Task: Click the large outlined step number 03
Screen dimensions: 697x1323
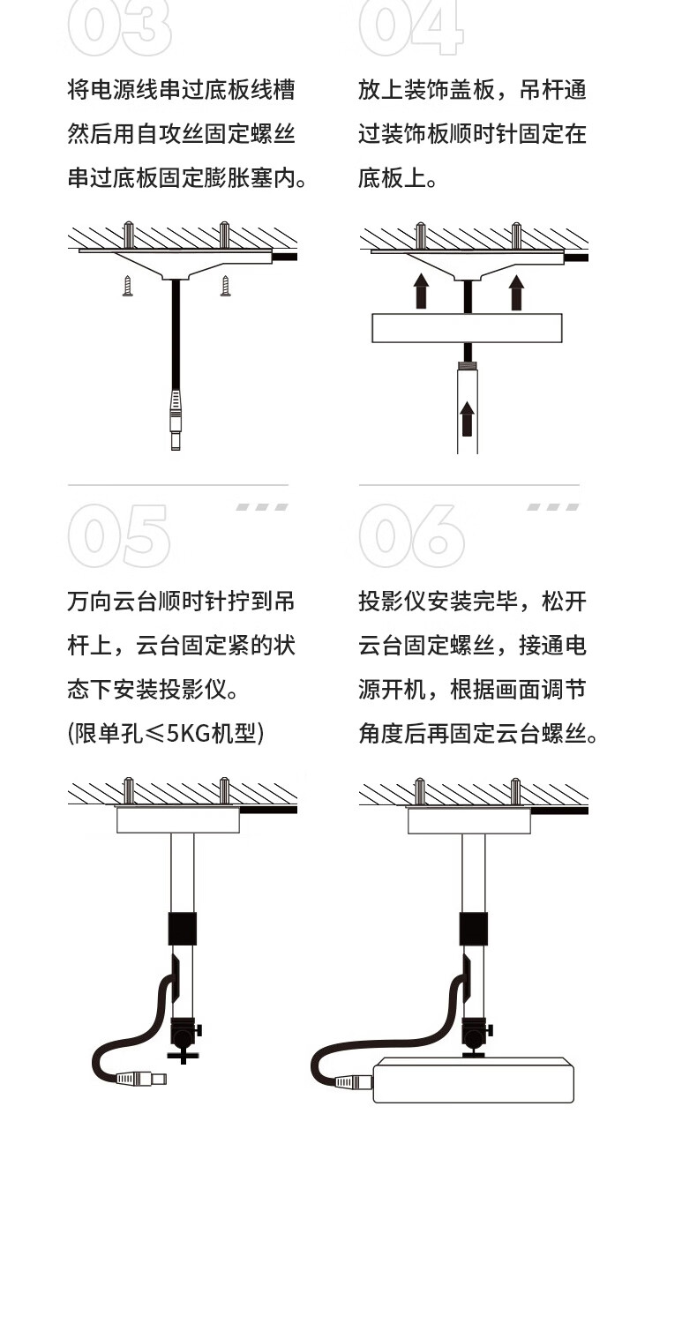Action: tap(119, 27)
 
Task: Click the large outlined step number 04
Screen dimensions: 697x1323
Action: tap(410, 27)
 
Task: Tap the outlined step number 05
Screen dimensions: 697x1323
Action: tap(119, 535)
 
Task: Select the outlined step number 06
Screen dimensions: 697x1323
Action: tap(411, 535)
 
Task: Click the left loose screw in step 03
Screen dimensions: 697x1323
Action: tap(128, 286)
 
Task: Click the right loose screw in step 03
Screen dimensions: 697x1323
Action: tap(225, 286)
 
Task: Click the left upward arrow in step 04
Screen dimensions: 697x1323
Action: tap(421, 290)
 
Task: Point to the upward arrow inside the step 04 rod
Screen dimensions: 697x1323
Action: tap(468, 419)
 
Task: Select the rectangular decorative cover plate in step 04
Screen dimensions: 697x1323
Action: tap(467, 328)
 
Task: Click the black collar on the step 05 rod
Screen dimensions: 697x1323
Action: tap(183, 929)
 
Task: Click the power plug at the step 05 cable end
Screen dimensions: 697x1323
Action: tap(140, 1079)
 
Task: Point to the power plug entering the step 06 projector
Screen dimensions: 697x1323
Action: tap(354, 1081)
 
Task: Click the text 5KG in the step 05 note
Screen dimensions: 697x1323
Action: tap(189, 733)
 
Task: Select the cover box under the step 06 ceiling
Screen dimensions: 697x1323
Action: tap(469, 821)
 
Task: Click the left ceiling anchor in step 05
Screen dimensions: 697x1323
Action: tap(129, 791)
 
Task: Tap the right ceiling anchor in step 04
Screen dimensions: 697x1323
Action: tap(515, 236)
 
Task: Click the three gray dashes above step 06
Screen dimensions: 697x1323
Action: tap(553, 507)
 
